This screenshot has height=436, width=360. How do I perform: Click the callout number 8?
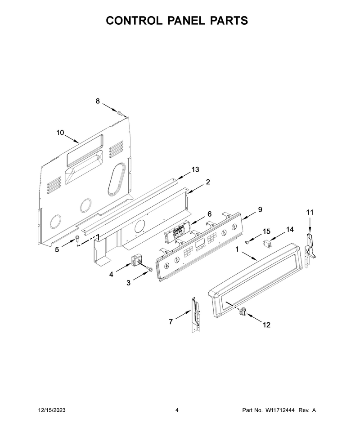coord(98,101)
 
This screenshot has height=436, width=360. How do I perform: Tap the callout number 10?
coord(60,133)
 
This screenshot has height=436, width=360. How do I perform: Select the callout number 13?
coord(195,169)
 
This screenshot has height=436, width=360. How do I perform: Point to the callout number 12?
coord(266,325)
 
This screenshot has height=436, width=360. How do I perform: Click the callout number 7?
coord(171,322)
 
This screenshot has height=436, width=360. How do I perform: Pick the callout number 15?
coord(266,231)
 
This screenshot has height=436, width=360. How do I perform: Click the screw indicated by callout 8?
coord(120,113)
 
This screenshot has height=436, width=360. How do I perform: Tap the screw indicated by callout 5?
coord(77,239)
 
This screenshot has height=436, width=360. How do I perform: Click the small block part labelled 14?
coord(267,244)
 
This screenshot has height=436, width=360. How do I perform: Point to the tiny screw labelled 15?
coord(247,243)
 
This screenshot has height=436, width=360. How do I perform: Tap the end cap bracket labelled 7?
coord(196,315)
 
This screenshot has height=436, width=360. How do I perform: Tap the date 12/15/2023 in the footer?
coord(51,410)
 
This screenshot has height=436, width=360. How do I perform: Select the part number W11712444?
coord(280,410)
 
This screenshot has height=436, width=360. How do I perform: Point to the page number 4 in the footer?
coord(177,410)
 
